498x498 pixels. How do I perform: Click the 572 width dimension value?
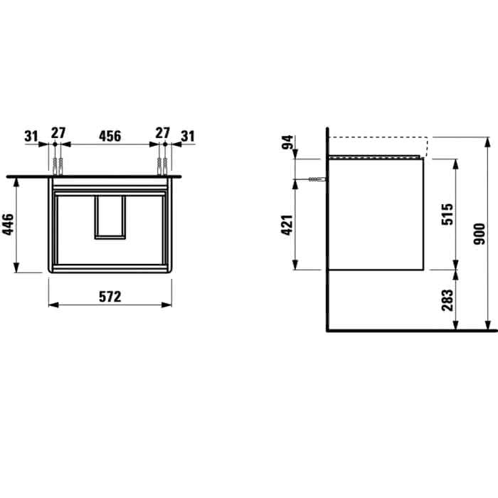pos(110,297)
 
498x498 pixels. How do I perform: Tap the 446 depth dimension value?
pos(9,225)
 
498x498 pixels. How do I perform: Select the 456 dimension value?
pos(110,137)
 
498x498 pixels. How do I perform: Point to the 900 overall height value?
pos(480,234)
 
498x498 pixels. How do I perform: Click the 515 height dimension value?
pos(447,214)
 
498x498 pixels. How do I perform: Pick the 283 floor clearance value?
pos(447,300)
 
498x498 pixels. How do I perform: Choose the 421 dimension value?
pos(287,226)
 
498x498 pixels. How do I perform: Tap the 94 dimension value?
pos(287,142)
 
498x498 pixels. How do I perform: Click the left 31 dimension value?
pos(31,137)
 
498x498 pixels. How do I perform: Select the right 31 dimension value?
pos(188,137)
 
